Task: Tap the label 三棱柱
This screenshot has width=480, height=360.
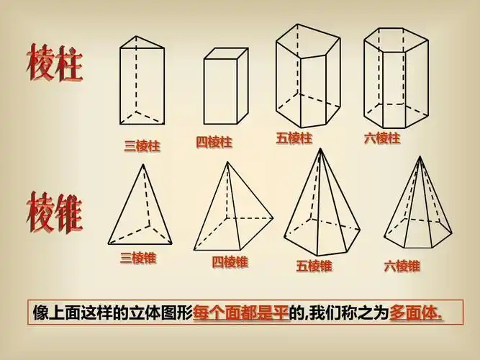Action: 142,145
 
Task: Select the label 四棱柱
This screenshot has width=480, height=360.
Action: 214,142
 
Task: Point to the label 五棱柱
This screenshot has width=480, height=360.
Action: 294,138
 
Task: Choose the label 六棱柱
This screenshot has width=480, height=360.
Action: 381,138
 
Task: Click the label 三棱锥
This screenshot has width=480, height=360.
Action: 137,257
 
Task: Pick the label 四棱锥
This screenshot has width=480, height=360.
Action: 230,261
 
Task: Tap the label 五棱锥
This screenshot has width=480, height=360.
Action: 314,265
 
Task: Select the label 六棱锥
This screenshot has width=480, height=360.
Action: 402,265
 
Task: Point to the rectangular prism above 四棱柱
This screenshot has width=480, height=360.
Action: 226,89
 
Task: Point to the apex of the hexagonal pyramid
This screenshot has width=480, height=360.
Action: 420,156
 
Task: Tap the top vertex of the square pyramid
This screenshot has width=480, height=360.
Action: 229,162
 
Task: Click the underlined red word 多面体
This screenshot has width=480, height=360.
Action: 415,313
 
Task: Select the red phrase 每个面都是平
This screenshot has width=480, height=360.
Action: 241,313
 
